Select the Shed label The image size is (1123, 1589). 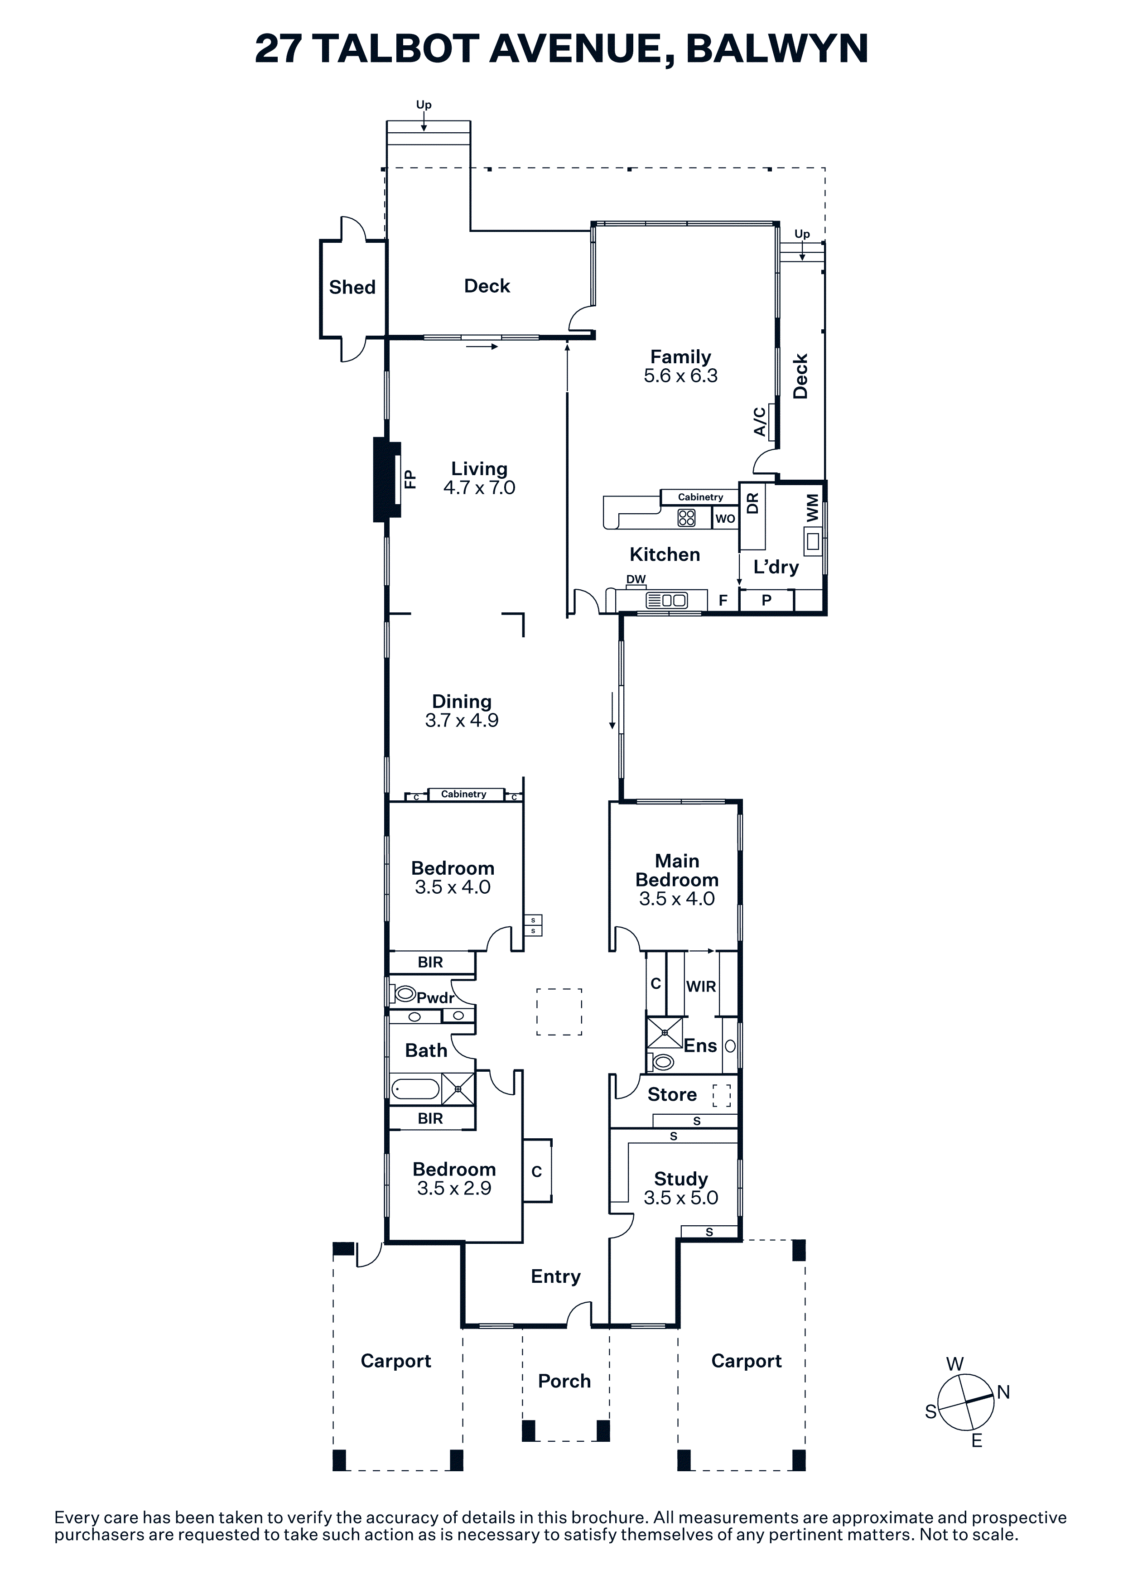[x=352, y=287]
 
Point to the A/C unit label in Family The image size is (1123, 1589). [x=760, y=421]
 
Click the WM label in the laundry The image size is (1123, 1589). [x=812, y=508]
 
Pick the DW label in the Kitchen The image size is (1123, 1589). [x=636, y=579]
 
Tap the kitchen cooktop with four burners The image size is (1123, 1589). [x=686, y=518]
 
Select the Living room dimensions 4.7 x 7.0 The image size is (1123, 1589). [x=480, y=488]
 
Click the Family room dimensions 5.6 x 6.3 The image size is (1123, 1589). [x=681, y=376]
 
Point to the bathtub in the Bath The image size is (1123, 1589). [x=415, y=1090]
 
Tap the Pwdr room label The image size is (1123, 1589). [x=435, y=997]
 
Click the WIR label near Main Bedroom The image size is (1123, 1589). [x=701, y=987]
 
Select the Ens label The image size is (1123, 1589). [x=700, y=1046]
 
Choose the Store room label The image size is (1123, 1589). [x=672, y=1094]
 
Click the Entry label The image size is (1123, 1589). [x=556, y=1277]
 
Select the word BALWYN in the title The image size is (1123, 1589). [x=777, y=48]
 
